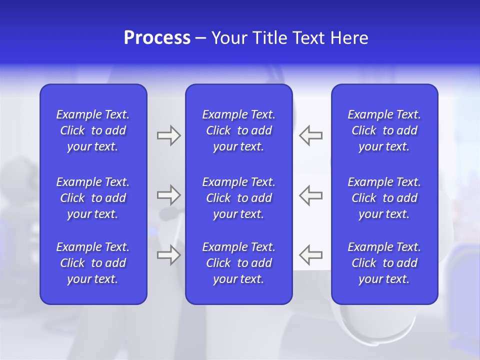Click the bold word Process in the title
[x=157, y=38]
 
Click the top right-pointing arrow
[x=168, y=135]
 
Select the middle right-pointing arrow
[x=168, y=195]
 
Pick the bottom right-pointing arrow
[x=168, y=255]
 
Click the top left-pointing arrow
[x=311, y=135]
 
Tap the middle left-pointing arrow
[x=311, y=195]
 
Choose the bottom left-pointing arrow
[x=311, y=255]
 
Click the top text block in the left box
[x=93, y=130]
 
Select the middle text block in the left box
[x=93, y=198]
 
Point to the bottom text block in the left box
[x=93, y=263]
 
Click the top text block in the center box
[x=239, y=130]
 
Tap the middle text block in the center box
[x=239, y=198]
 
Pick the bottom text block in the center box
[x=239, y=263]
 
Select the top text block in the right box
[x=384, y=130]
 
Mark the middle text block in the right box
[x=384, y=198]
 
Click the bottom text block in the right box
[x=384, y=263]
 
